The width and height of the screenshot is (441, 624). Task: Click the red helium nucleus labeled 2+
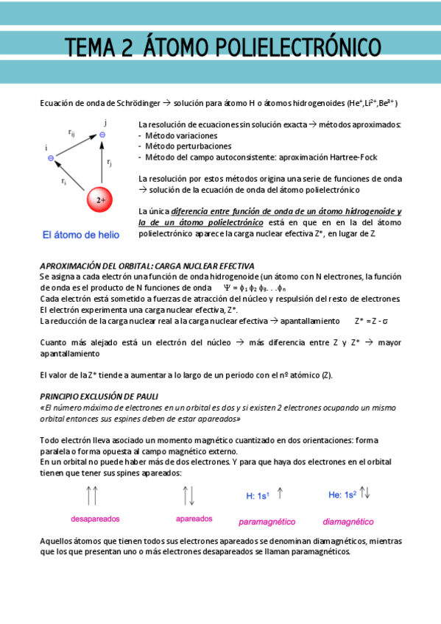point(100,199)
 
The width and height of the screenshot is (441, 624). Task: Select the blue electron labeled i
point(50,157)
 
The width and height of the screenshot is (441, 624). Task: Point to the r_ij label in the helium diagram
point(71,133)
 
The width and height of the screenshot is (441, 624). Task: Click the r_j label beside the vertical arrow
point(110,162)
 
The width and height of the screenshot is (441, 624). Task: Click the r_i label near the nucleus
point(64,181)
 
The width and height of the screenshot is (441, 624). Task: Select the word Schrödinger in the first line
point(131,103)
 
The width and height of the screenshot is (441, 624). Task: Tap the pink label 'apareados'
point(194,518)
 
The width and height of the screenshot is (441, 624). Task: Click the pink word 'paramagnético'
point(267,522)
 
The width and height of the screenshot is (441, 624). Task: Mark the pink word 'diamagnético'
point(348,522)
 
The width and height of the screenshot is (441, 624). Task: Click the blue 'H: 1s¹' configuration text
point(258,496)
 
